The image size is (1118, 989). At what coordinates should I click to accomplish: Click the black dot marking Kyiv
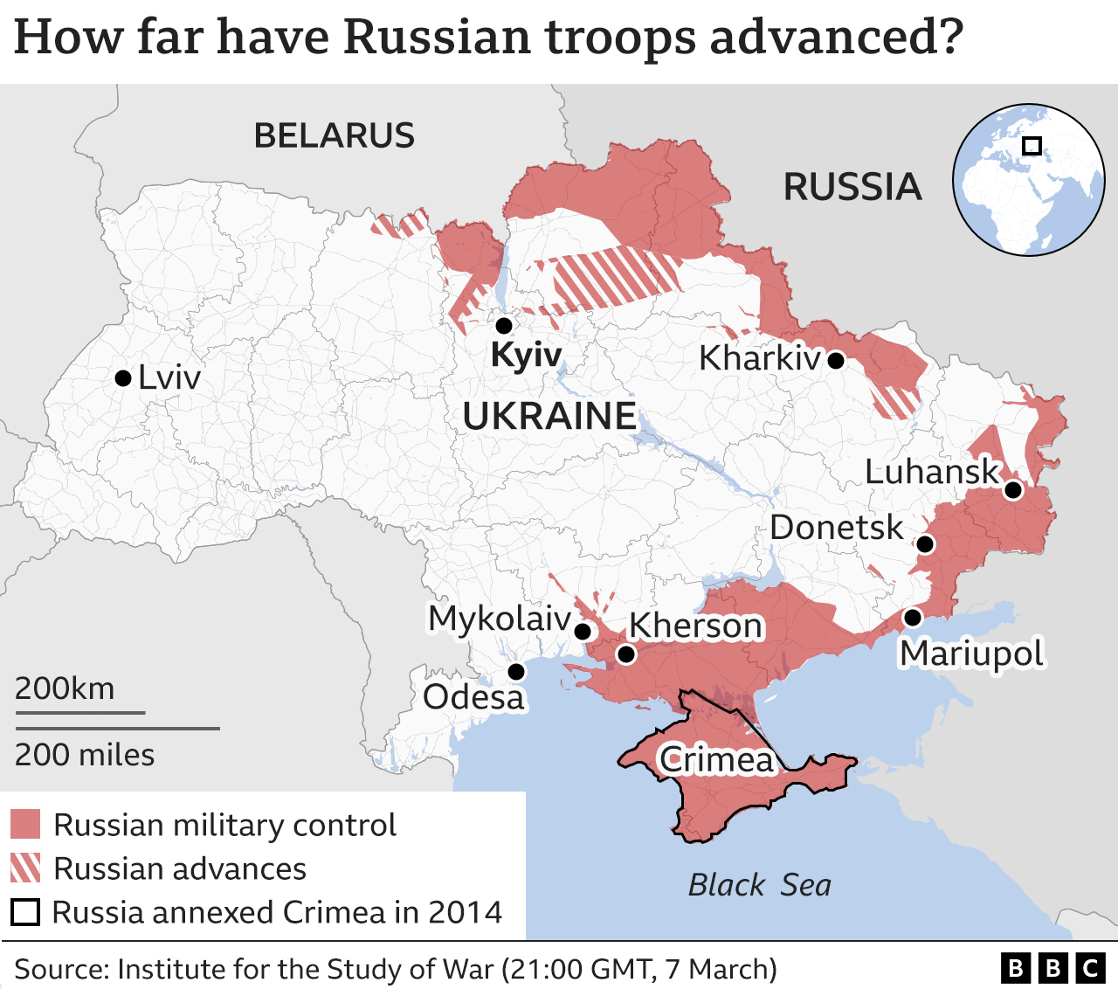coord(503,326)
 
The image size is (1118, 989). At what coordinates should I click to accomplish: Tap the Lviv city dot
coord(123,378)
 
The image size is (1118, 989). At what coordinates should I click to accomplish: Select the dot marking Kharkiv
coord(836,360)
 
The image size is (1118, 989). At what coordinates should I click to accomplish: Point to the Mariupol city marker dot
coord(912,618)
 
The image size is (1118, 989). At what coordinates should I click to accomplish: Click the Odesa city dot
coord(516,672)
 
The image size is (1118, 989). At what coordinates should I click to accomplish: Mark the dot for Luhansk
coord(1012,490)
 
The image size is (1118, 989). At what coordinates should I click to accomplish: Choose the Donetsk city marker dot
coord(925,544)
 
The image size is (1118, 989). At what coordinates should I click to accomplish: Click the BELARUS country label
coord(334,136)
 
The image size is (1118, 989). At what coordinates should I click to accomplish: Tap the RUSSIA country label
coord(852,187)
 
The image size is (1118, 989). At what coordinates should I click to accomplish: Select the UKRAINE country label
coord(549,416)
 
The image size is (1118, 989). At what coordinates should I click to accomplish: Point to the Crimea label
coord(716,759)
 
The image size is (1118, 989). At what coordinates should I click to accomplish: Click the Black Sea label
coord(759,885)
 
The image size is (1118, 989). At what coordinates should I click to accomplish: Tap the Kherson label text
coord(695,626)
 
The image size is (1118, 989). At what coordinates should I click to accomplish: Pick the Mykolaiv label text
coord(499,618)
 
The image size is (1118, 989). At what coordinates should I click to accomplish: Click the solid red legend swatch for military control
coord(25,825)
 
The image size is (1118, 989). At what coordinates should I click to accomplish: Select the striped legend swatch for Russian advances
coord(25,868)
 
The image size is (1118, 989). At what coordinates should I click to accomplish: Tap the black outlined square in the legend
coord(25,912)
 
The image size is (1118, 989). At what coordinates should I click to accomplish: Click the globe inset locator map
coord(1028,180)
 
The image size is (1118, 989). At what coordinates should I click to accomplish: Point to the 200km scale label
coord(65,688)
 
